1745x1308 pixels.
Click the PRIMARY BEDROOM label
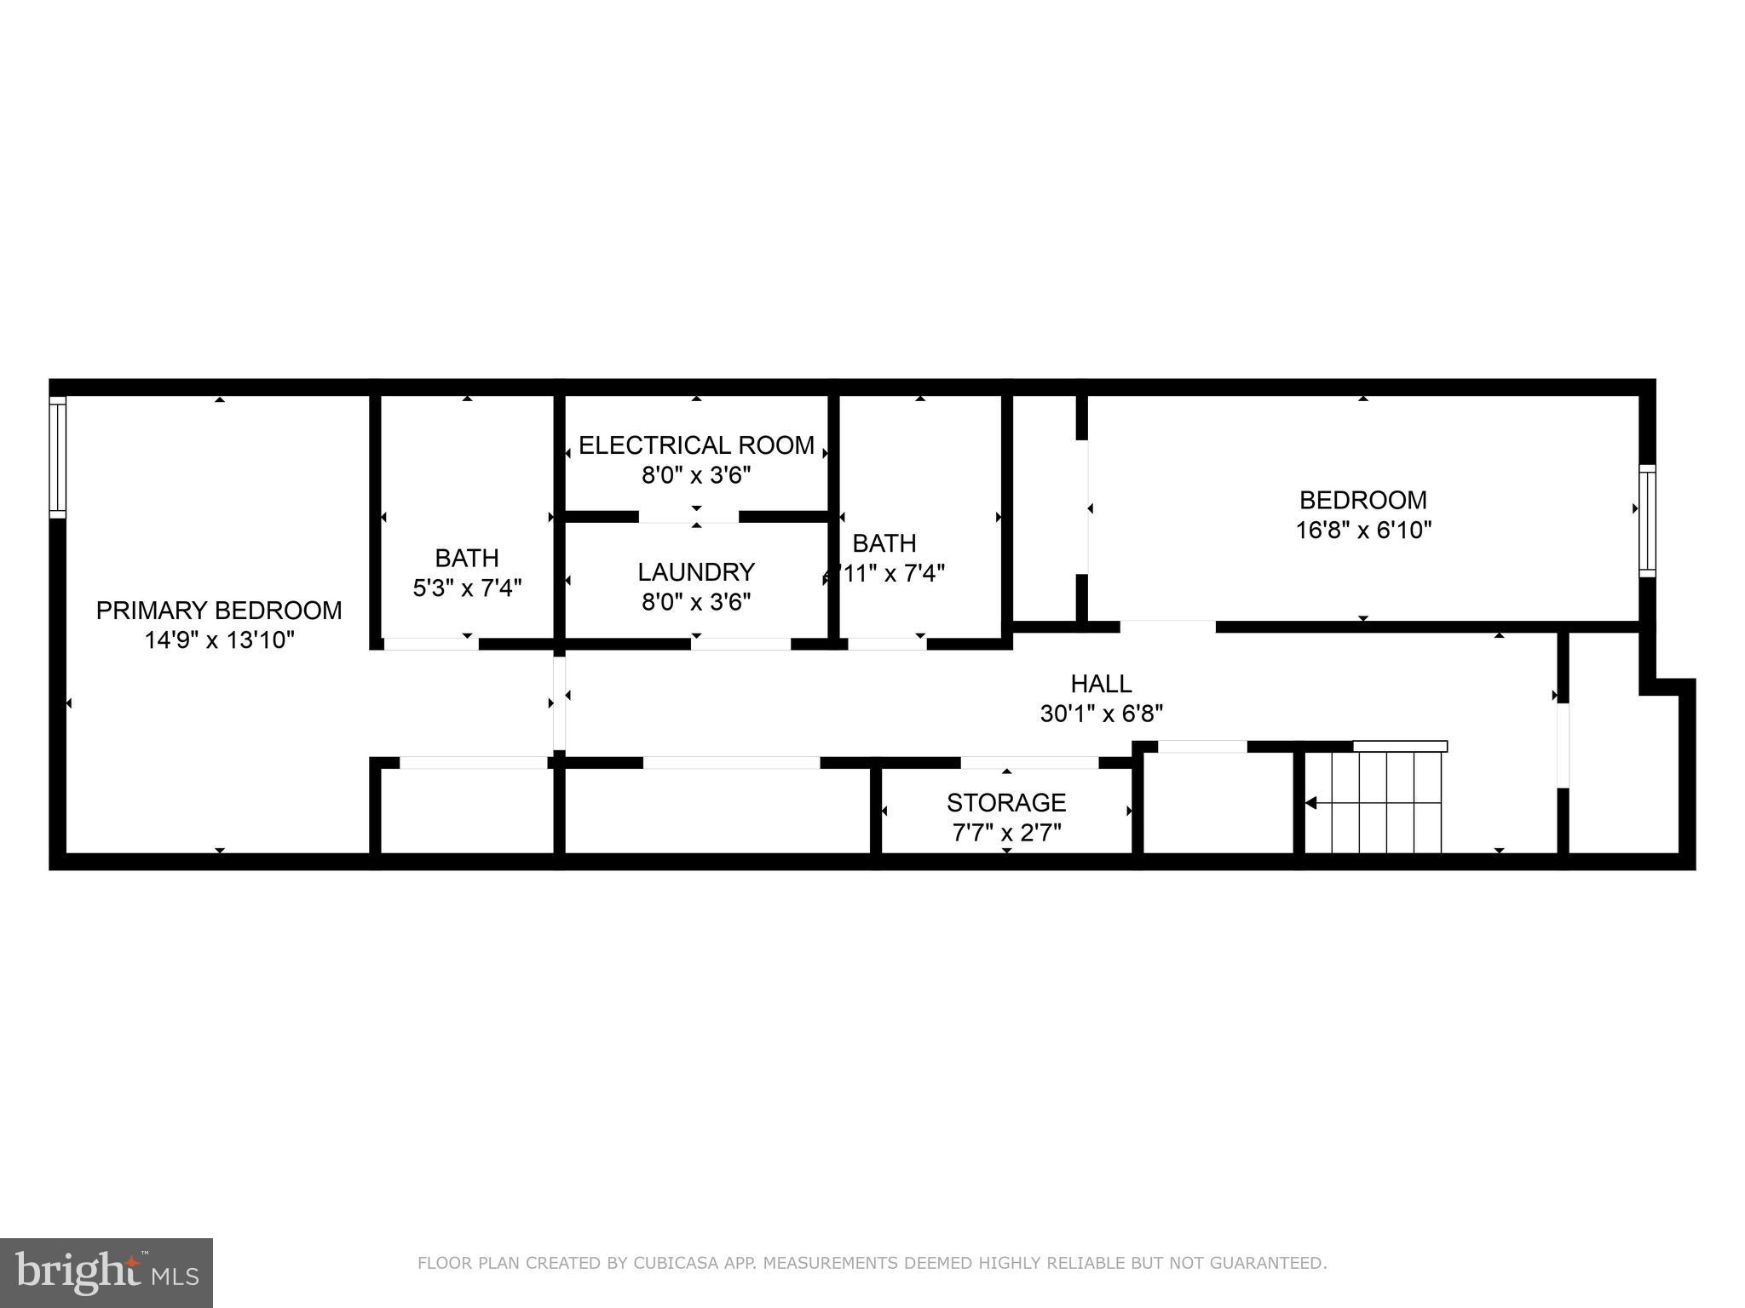click(x=219, y=610)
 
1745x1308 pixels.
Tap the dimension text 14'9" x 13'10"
click(x=219, y=640)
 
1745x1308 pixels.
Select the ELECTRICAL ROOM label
click(x=696, y=445)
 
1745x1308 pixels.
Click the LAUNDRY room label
click(x=696, y=571)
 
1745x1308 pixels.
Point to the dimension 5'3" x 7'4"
click(x=467, y=588)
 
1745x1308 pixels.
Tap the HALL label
click(x=1101, y=683)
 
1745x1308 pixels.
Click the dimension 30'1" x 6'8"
click(x=1101, y=714)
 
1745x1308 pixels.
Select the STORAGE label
click(x=1006, y=802)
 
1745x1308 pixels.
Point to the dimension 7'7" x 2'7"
click(x=1006, y=833)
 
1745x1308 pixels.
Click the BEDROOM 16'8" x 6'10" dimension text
click(x=1363, y=531)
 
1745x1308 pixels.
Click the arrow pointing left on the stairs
click(x=1312, y=803)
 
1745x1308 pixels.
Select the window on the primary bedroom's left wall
click(x=57, y=457)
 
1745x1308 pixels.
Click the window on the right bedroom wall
click(x=1647, y=521)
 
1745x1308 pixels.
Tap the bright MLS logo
click(x=107, y=1272)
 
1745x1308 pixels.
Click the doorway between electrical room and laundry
click(x=688, y=516)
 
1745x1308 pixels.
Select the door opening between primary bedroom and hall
click(x=559, y=703)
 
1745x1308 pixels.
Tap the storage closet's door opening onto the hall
click(x=1029, y=763)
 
